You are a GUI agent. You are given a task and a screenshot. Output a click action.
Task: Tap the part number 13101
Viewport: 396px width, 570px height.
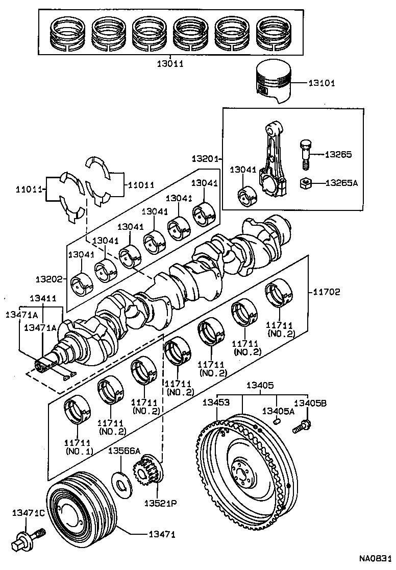click(x=321, y=83)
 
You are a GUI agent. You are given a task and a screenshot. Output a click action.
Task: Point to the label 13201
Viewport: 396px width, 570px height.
click(x=205, y=159)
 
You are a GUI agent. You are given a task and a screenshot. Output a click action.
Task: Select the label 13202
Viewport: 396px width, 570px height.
click(x=48, y=279)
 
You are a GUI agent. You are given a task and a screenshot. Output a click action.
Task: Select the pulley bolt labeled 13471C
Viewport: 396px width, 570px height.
click(x=28, y=539)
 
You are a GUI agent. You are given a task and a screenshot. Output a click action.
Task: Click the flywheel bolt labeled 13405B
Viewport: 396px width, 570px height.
click(x=302, y=425)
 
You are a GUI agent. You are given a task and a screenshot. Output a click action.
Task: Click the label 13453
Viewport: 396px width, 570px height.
click(x=215, y=403)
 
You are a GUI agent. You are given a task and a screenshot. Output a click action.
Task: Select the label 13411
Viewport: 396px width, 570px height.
click(x=43, y=298)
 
